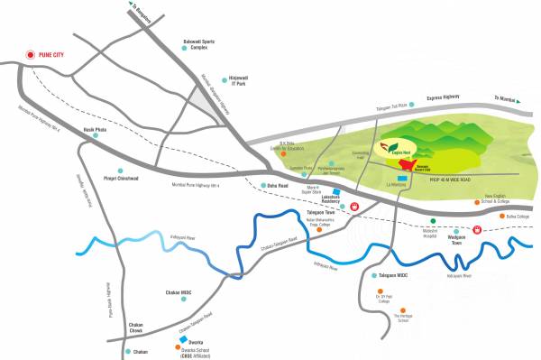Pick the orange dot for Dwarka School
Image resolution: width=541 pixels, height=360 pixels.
tap(176, 350)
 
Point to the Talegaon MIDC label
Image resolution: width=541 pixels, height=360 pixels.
tap(398, 274)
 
